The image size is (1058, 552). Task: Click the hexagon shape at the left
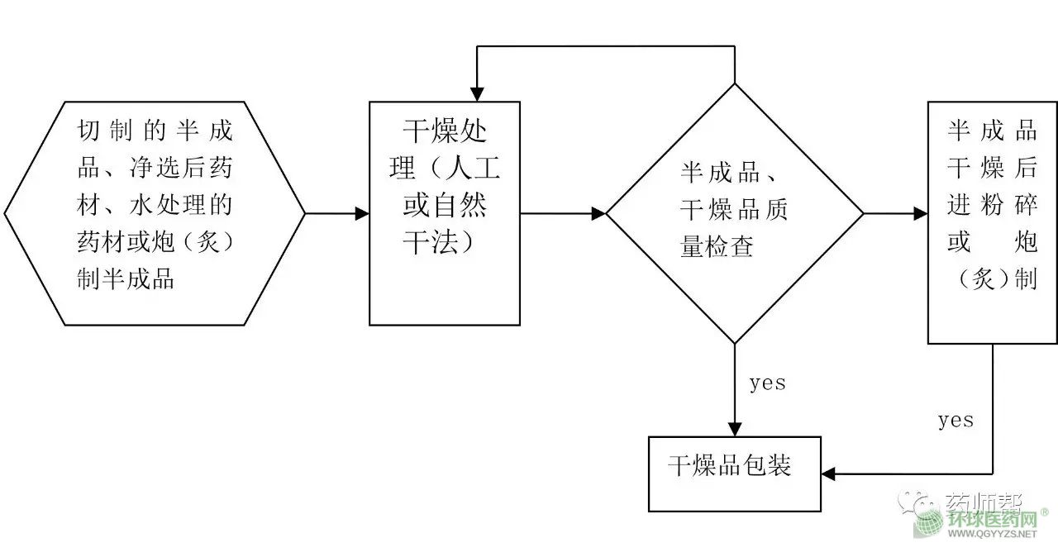point(155,213)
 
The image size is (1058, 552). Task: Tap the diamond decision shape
point(735,213)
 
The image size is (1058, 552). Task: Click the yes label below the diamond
point(767,383)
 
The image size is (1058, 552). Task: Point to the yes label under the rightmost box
point(956,420)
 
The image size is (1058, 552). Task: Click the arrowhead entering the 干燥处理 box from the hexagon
point(362,213)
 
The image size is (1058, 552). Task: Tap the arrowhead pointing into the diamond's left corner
point(598,213)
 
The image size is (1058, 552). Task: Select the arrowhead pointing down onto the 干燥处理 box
point(477,94)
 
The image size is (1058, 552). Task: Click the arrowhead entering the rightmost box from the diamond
point(920,213)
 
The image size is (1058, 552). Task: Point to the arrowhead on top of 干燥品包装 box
point(735,429)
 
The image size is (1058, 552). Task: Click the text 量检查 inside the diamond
point(717,245)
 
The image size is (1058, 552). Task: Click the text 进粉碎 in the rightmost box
point(992,204)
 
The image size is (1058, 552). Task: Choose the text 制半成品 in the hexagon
point(126,278)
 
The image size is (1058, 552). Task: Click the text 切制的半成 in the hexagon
point(155,130)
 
